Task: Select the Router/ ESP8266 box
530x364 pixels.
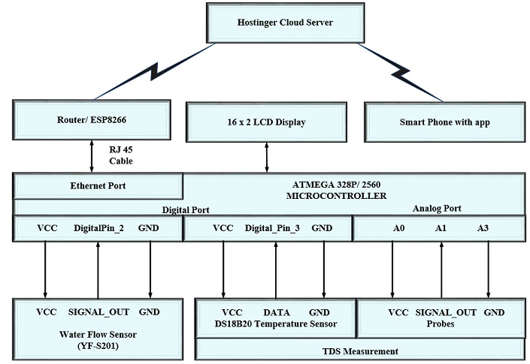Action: click(x=90, y=120)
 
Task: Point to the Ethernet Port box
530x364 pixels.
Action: click(x=98, y=185)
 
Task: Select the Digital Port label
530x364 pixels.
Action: click(x=185, y=209)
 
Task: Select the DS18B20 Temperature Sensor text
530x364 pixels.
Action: click(x=276, y=324)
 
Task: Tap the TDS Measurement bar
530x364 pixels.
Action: click(x=359, y=350)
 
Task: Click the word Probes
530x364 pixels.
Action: click(x=441, y=324)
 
